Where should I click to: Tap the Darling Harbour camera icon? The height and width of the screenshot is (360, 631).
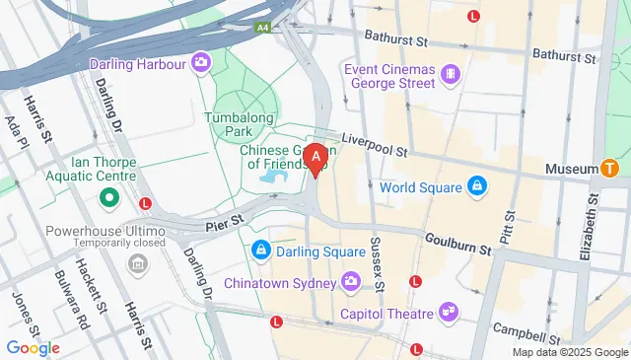201,63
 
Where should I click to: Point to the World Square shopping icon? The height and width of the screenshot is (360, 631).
477,186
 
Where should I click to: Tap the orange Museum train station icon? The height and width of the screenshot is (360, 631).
611,169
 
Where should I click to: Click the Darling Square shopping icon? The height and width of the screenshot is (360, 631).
260,251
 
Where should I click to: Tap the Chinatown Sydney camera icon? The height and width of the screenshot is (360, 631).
351,284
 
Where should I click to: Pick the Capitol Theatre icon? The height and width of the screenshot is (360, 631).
450,313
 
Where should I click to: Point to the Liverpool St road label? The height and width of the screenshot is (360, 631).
374,147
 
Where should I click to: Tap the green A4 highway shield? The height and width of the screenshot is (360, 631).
262,29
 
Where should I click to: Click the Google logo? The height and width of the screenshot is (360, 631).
33,347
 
